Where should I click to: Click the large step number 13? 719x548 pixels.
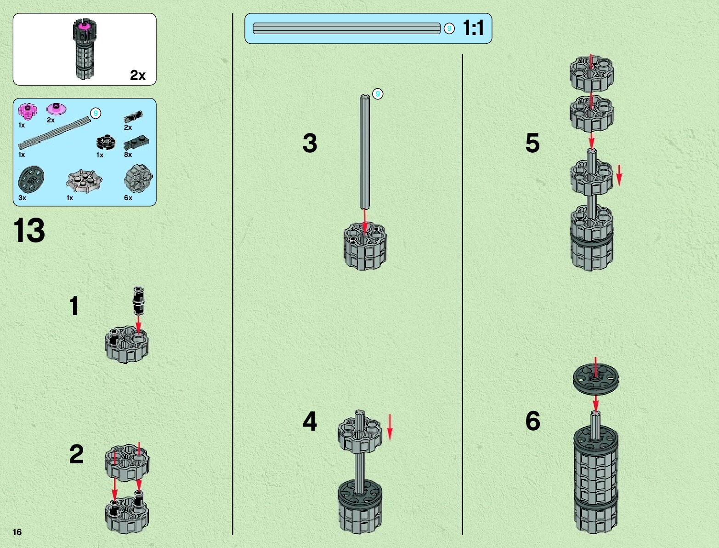pos(29,231)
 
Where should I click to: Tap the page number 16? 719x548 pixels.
pos(17,532)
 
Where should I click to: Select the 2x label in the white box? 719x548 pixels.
pos(137,75)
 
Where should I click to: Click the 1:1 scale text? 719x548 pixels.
pos(473,28)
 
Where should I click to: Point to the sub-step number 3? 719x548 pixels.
pos(310,143)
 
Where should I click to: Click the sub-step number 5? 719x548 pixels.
pos(532,143)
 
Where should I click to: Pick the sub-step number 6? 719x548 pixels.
pos(532,421)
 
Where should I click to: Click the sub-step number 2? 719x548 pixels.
pos(76,454)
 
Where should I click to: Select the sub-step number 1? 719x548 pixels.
pos(74,306)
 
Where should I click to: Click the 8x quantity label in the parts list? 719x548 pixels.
pos(128,155)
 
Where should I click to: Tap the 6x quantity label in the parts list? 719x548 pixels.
pos(128,198)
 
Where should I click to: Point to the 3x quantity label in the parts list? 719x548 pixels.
pos(22,198)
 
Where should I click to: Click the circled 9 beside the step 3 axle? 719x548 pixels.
pos(378,94)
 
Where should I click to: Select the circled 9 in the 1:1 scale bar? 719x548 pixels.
pos(449,29)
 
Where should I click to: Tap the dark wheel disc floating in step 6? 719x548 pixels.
pos(595,378)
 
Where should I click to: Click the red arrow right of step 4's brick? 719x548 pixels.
pos(390,427)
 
